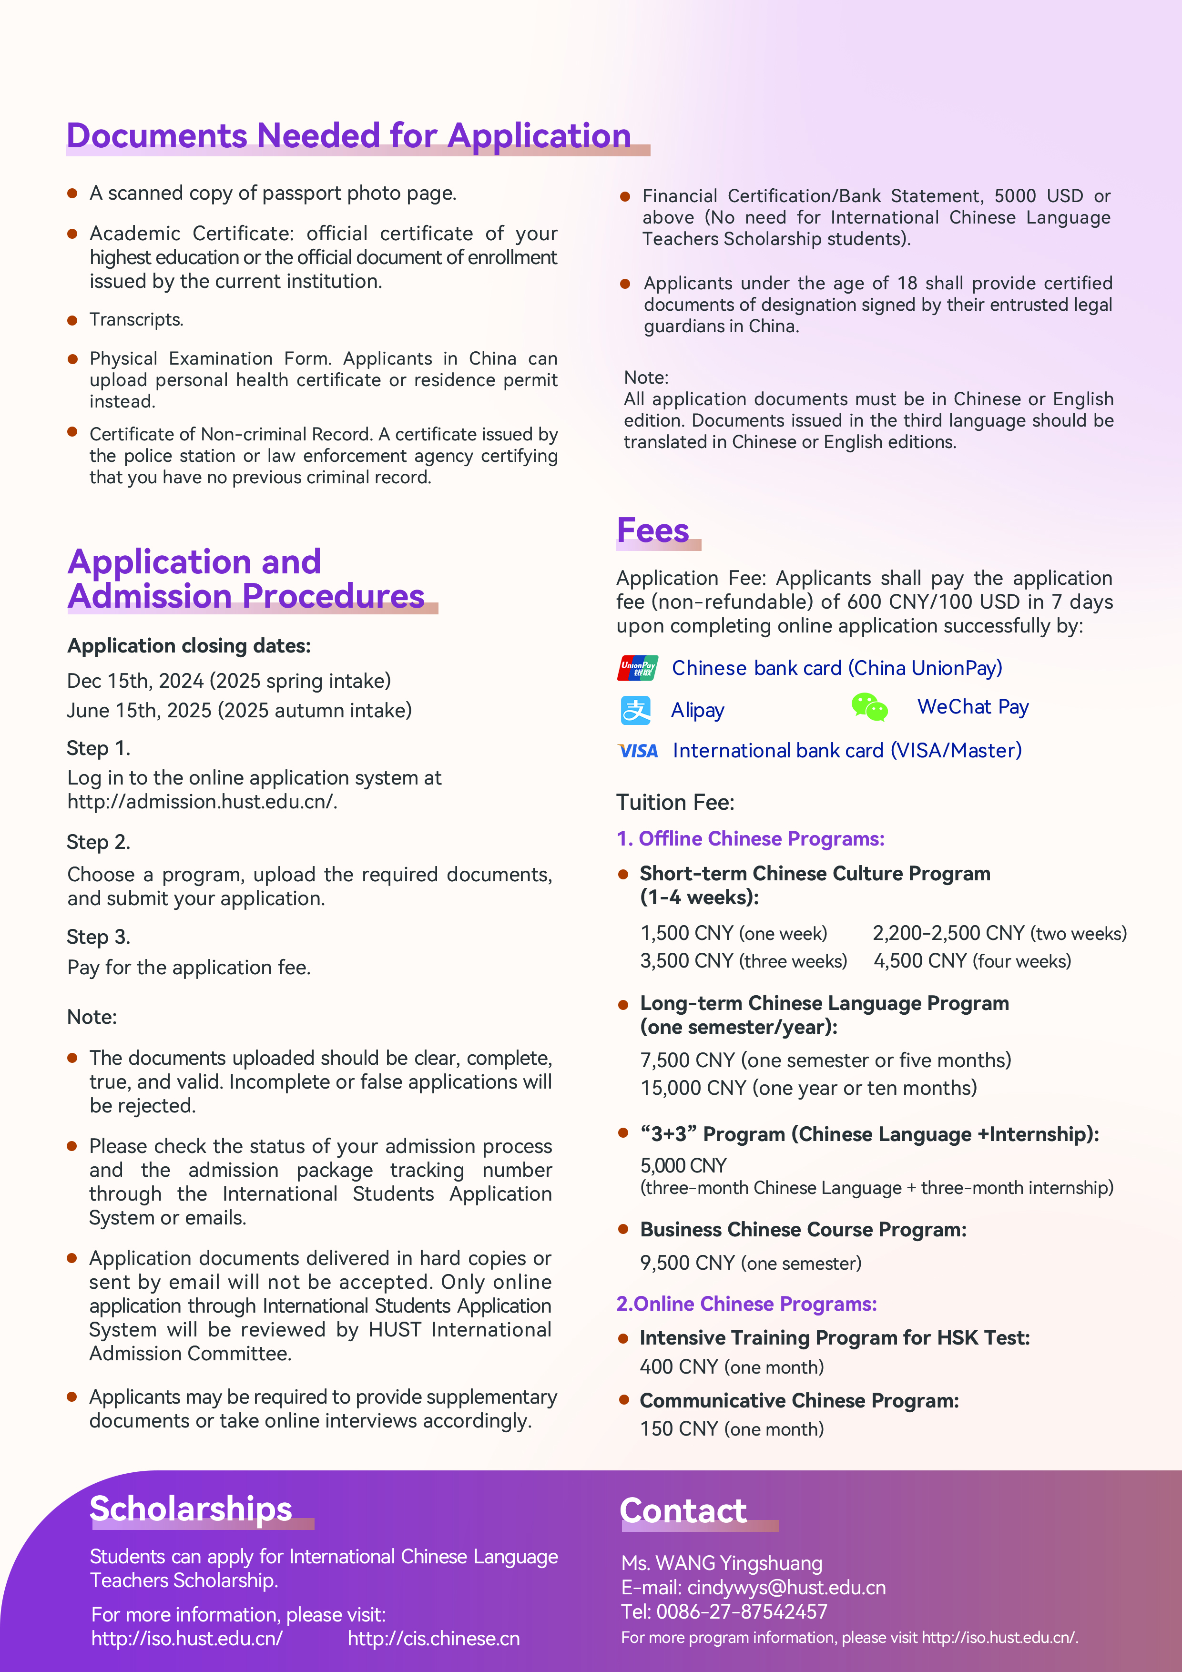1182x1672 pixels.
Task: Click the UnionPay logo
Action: tap(637, 668)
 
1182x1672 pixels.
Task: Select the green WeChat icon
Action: tap(869, 707)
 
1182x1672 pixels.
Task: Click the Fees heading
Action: tap(652, 531)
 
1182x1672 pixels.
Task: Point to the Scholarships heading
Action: tap(191, 1508)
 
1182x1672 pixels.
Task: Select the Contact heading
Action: tap(683, 1510)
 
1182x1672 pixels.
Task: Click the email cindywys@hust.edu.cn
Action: tap(786, 1588)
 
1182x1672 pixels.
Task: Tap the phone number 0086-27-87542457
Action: tap(742, 1611)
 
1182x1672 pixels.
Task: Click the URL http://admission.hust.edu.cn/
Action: tap(202, 802)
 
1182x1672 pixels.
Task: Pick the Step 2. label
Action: tap(98, 843)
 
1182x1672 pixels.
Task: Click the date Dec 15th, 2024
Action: tap(135, 681)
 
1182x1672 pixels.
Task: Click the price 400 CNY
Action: tap(679, 1367)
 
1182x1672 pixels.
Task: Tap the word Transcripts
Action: tap(136, 320)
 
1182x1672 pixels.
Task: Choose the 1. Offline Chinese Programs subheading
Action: tap(750, 839)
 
